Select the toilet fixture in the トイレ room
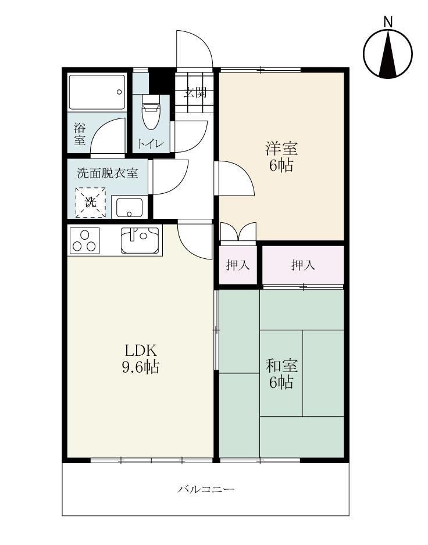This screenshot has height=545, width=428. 151,116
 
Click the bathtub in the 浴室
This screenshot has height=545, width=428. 97,92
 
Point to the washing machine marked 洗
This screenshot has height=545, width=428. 91,202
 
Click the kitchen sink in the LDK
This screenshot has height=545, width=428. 140,240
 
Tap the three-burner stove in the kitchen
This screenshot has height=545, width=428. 85,240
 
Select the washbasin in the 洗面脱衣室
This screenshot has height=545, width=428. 129,206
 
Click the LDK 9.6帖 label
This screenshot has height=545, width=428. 140,359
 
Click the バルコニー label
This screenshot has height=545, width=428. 206,489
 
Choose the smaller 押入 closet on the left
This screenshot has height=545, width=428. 238,265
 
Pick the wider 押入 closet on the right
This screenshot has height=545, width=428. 303,265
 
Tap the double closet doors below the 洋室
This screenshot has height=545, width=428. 238,232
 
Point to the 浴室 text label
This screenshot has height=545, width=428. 79,133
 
